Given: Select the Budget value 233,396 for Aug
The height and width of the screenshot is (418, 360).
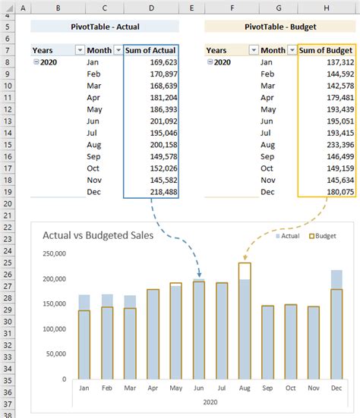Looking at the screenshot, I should click(336, 144).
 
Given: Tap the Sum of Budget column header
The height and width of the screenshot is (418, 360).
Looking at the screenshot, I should click(327, 50).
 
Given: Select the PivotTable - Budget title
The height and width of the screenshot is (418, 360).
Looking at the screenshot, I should click(280, 27).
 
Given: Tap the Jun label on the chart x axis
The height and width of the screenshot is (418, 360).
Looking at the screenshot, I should click(198, 387).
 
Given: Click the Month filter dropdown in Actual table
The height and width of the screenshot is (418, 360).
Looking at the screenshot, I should click(118, 50).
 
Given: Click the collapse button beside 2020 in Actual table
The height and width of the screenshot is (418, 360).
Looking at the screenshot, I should click(36, 62).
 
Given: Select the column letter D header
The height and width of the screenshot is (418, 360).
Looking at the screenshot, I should click(152, 7).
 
